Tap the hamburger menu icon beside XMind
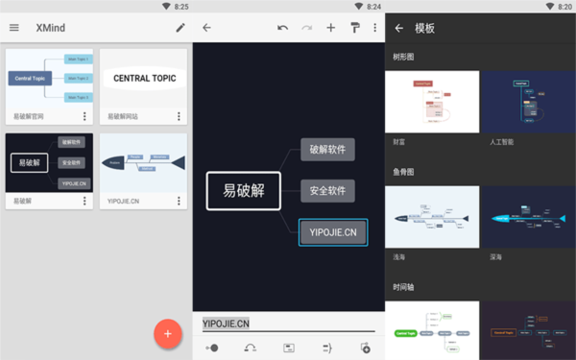pyautogui.click(x=14, y=28)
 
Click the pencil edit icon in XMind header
pyautogui.click(x=180, y=28)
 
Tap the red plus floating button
pyautogui.click(x=168, y=333)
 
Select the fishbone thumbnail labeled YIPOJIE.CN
pyautogui.click(x=144, y=162)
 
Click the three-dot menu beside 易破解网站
pyautogui.click(x=179, y=116)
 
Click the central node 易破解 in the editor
pyautogui.click(x=244, y=190)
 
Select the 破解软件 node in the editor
pyautogui.click(x=327, y=149)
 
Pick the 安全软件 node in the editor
pyautogui.click(x=327, y=190)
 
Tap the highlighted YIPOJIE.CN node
pyautogui.click(x=332, y=232)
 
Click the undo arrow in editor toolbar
pyautogui.click(x=282, y=28)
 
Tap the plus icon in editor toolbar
pyautogui.click(x=331, y=28)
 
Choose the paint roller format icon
pyautogui.click(x=355, y=28)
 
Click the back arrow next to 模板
pyautogui.click(x=399, y=28)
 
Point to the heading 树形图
pyautogui.click(x=405, y=57)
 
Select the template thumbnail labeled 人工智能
pyautogui.click(x=528, y=101)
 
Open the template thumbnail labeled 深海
pyautogui.click(x=528, y=218)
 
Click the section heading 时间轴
pyautogui.click(x=405, y=287)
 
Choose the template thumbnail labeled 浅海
pyautogui.click(x=432, y=218)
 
